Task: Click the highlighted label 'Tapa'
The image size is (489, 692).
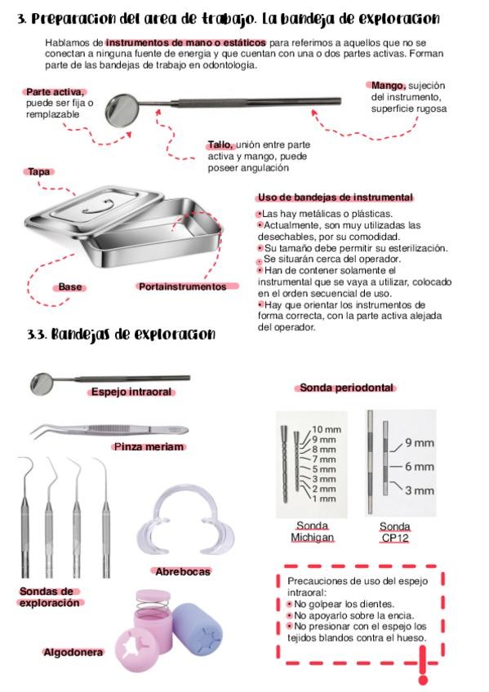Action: (39, 171)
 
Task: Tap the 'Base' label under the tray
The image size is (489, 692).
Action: (70, 287)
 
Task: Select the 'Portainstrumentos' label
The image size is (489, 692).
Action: (183, 287)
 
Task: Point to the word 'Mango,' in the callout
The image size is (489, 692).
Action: (389, 86)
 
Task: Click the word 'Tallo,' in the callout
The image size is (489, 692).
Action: (220, 144)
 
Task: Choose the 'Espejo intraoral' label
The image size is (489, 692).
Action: (131, 392)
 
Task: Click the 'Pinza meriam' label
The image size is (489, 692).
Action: (149, 446)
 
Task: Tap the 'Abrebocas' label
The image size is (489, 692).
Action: (183, 571)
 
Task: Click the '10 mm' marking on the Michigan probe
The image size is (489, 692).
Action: (327, 429)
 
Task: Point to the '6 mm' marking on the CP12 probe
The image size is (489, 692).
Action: (420, 467)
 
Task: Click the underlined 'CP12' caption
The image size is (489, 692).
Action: (394, 538)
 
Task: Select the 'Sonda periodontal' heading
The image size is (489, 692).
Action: (346, 388)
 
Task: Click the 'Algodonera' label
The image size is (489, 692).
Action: (73, 652)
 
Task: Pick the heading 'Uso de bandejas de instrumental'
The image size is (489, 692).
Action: (336, 197)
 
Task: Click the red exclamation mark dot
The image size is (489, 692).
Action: (423, 679)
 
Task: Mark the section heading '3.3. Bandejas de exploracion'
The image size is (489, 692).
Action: (122, 334)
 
